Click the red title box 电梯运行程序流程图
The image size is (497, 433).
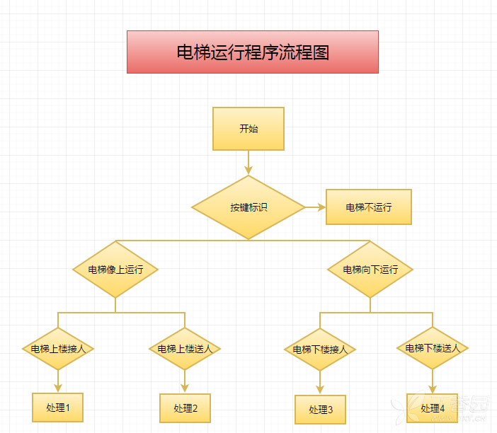pyautogui.click(x=253, y=52)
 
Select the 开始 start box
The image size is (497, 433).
pyautogui.click(x=248, y=129)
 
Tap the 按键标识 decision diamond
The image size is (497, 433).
pyautogui.click(x=248, y=207)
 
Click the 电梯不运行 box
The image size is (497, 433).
pyautogui.click(x=368, y=207)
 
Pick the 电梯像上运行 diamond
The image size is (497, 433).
pyautogui.click(x=115, y=270)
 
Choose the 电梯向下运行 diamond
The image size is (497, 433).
pyautogui.click(x=370, y=270)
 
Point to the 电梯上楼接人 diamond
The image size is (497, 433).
pyautogui.click(x=58, y=349)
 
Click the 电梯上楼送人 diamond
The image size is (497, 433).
pyautogui.click(x=185, y=349)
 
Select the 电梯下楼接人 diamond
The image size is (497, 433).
pyautogui.click(x=320, y=349)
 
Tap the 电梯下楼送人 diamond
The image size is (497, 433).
pyautogui.click(x=432, y=348)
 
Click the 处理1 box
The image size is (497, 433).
pyautogui.click(x=58, y=408)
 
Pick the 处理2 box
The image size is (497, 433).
pyautogui.click(x=185, y=408)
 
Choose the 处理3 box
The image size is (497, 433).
pyautogui.click(x=320, y=410)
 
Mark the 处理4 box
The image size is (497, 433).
pyautogui.click(x=432, y=408)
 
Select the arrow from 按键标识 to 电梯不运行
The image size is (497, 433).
pyautogui.click(x=315, y=207)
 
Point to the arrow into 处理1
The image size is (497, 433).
pyautogui.click(x=58, y=381)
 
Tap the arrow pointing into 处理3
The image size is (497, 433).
pyautogui.click(x=320, y=383)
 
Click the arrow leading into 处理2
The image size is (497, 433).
pyautogui.click(x=185, y=382)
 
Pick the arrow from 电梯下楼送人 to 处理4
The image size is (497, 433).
pyautogui.click(x=432, y=382)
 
